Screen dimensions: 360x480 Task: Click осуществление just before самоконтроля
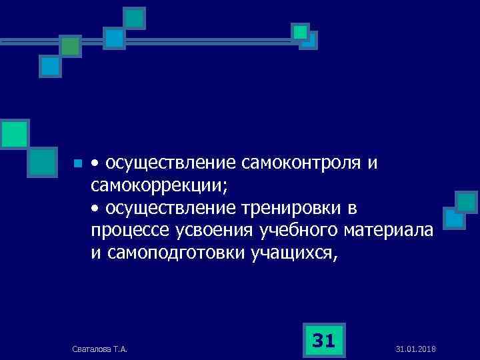[x=170, y=163]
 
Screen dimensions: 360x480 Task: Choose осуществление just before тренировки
[x=170, y=208]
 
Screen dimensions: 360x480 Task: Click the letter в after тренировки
[x=353, y=209]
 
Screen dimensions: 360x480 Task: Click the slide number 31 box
[x=323, y=341]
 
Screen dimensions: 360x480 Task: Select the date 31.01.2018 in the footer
[x=415, y=349]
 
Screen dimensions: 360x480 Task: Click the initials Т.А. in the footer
[x=121, y=349]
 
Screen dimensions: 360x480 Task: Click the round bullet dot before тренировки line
[x=95, y=209]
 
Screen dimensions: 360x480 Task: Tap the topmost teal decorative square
[x=135, y=18]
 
